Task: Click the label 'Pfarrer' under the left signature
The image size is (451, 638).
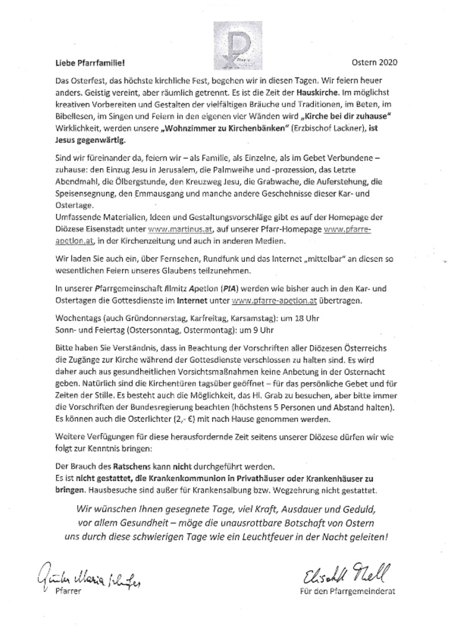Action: pos(68,589)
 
